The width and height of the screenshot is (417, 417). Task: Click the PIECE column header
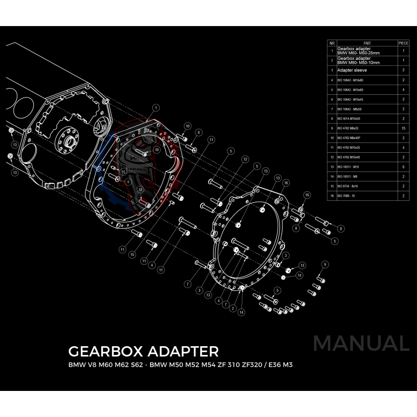click(x=403, y=43)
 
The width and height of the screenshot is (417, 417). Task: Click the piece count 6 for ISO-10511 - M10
click(x=403, y=167)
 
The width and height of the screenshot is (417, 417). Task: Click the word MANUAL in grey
click(x=361, y=344)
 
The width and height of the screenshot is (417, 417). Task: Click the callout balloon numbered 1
click(x=156, y=107)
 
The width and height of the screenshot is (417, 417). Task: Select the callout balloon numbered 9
click(x=325, y=265)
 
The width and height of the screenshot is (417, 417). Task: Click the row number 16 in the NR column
click(x=332, y=196)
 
